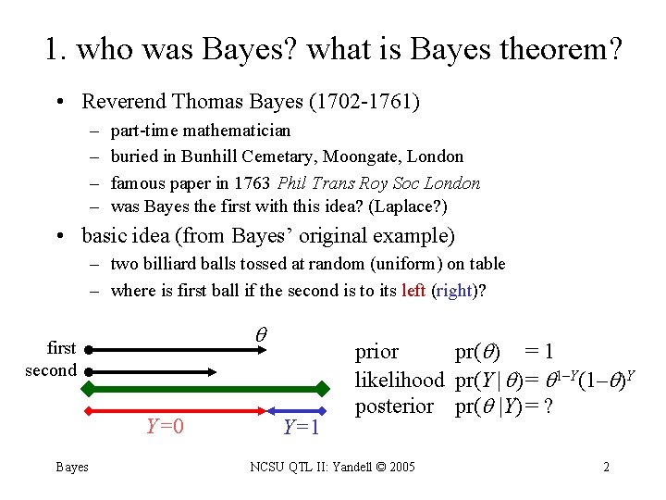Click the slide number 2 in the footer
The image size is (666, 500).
click(x=606, y=467)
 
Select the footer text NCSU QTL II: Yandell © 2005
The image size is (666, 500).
click(x=333, y=467)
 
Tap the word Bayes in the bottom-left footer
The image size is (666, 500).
click(x=72, y=467)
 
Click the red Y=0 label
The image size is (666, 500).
click(x=165, y=427)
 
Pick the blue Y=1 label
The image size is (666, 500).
click(x=301, y=427)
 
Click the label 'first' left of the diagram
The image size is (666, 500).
click(x=61, y=348)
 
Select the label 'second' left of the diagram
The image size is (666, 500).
click(x=51, y=370)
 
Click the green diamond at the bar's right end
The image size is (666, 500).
click(x=323, y=388)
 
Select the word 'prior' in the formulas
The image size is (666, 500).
click(x=377, y=352)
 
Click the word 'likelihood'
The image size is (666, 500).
click(x=400, y=380)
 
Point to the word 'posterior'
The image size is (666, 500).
click(x=395, y=406)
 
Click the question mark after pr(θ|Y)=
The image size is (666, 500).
click(x=548, y=406)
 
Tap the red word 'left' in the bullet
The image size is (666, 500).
click(x=413, y=291)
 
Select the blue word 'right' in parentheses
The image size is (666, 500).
click(x=454, y=291)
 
